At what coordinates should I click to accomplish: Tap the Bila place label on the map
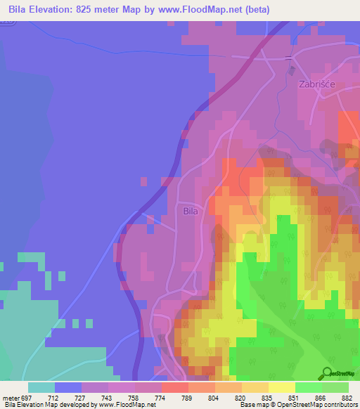click(x=191, y=210)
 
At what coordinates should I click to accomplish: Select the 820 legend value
click(x=240, y=396)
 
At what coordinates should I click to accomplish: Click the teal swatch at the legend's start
click(x=41, y=387)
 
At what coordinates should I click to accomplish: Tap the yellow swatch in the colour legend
click(x=281, y=387)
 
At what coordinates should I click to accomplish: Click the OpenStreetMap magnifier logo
click(x=328, y=373)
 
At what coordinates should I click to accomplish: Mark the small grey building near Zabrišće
click(x=290, y=71)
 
